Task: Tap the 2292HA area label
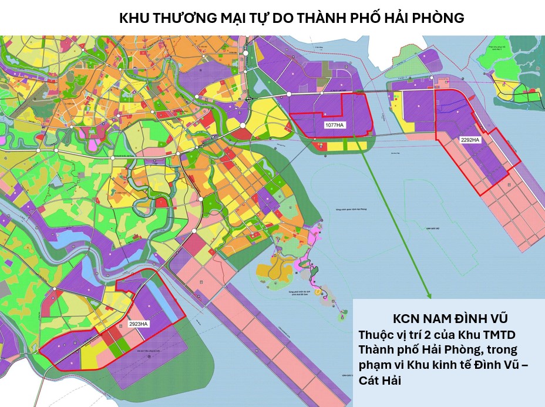point(470,140)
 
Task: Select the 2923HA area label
point(139,324)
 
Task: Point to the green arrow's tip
point(429,298)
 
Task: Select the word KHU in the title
point(134,18)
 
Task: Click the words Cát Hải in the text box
point(379,381)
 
